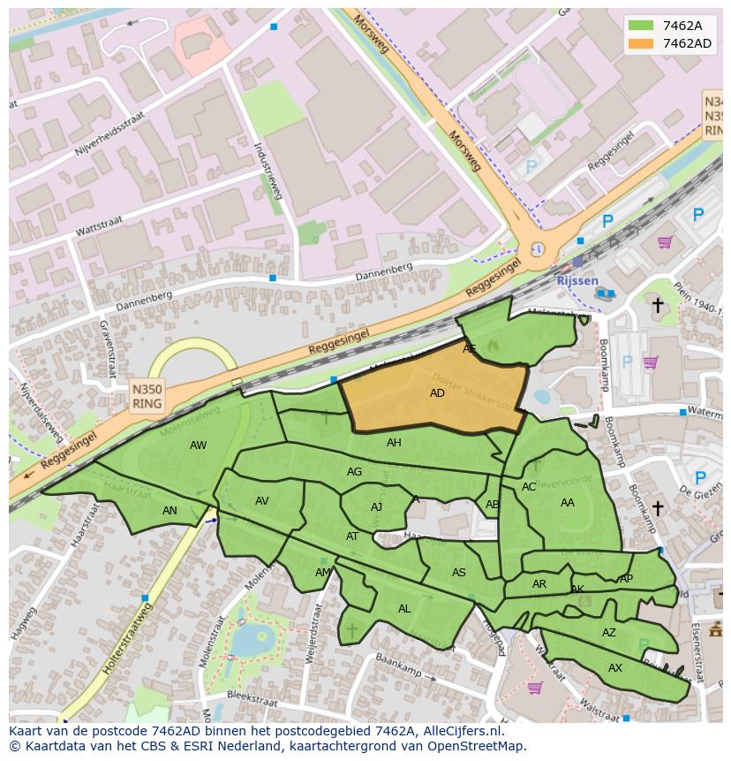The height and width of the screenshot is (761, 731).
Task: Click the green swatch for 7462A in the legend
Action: click(642, 26)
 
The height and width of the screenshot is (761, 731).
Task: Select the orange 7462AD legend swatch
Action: click(642, 43)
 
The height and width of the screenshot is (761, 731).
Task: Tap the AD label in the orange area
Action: click(437, 393)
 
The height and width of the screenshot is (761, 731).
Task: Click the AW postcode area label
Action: click(198, 445)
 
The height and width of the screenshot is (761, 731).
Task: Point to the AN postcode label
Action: click(170, 511)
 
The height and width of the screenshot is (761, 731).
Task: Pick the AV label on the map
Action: click(261, 501)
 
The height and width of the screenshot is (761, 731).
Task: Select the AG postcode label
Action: click(354, 472)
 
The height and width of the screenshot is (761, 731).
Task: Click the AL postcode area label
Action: click(404, 609)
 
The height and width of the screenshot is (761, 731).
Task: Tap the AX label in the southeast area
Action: click(615, 668)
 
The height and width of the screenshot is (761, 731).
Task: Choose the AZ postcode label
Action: click(609, 633)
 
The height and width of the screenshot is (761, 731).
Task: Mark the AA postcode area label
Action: click(568, 503)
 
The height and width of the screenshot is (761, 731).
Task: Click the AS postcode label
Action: click(458, 573)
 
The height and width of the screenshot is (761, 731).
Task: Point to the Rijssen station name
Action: click(577, 280)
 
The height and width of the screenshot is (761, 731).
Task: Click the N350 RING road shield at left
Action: click(147, 396)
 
